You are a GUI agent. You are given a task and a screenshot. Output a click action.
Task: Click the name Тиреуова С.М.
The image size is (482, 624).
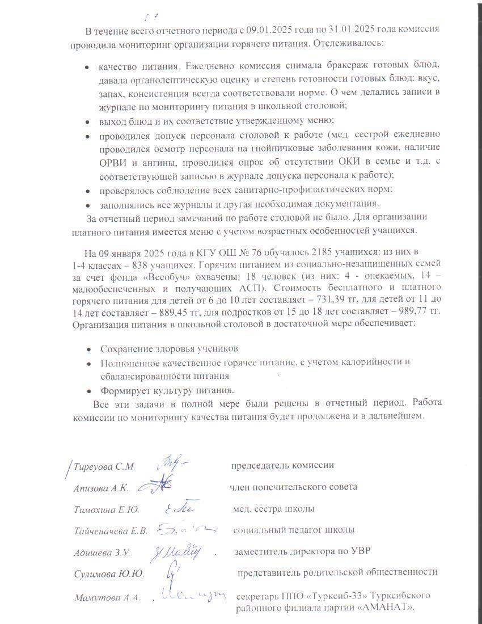(x=102, y=466)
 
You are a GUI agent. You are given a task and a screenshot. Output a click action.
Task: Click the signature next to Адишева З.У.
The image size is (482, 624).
(x=179, y=550)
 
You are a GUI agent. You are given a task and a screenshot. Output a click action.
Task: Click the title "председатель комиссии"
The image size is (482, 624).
(x=282, y=466)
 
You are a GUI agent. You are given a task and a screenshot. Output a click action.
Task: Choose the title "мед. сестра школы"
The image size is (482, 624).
(x=274, y=509)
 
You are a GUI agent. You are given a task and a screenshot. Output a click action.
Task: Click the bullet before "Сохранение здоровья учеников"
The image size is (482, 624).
(x=90, y=348)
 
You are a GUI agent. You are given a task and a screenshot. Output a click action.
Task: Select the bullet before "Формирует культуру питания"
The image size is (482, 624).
(x=90, y=391)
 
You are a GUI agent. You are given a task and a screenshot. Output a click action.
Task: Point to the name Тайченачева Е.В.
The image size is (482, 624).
(x=111, y=530)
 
